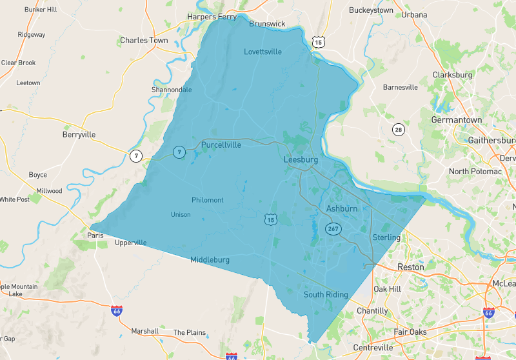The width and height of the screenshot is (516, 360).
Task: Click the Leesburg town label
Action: pyautogui.click(x=301, y=159)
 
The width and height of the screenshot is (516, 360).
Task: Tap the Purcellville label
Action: pyautogui.click(x=221, y=145)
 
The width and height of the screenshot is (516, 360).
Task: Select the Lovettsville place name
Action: pyautogui.click(x=263, y=52)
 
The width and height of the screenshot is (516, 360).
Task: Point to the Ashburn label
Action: pyautogui.click(x=341, y=209)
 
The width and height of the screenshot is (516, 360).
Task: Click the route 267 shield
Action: pyautogui.click(x=333, y=229)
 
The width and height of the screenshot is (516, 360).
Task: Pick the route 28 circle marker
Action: pyautogui.click(x=399, y=130)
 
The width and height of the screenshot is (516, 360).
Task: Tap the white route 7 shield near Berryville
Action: pyautogui.click(x=135, y=155)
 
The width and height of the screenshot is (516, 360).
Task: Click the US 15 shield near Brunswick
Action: pyautogui.click(x=317, y=42)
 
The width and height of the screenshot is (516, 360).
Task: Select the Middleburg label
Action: pyautogui.click(x=210, y=259)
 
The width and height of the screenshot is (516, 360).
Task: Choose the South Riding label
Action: pyautogui.click(x=326, y=294)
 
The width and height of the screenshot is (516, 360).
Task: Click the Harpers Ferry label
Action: pyautogui.click(x=212, y=17)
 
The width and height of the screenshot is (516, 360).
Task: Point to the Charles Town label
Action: pyautogui.click(x=144, y=40)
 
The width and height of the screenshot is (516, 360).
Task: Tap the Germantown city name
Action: pyautogui.click(x=456, y=120)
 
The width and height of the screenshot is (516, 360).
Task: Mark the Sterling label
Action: pyautogui.click(x=386, y=237)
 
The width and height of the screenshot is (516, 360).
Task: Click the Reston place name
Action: pyautogui.click(x=411, y=266)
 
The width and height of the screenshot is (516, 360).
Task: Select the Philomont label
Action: pyautogui.click(x=208, y=200)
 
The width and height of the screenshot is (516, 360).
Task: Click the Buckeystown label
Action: pyautogui.click(x=371, y=10)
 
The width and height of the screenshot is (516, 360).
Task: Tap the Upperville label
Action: pyautogui.click(x=131, y=243)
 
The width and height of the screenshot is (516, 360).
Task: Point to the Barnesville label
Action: pyautogui.click(x=401, y=86)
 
